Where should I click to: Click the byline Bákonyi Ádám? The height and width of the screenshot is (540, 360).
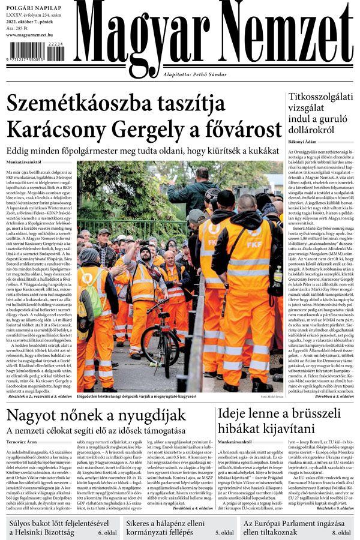(304, 142)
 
